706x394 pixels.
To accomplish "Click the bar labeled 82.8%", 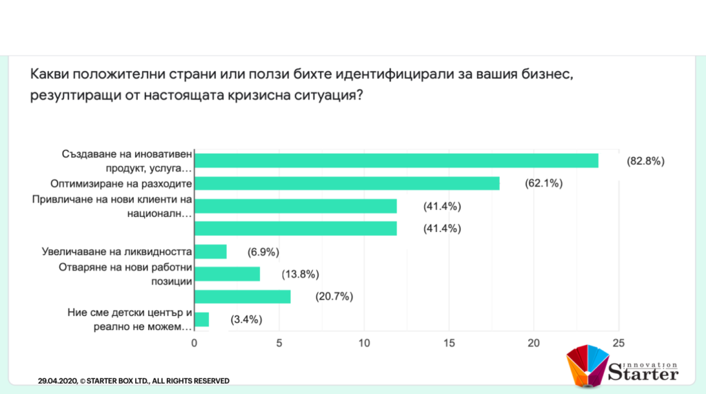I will coord(396,160).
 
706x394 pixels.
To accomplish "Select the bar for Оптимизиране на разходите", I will coord(347,183).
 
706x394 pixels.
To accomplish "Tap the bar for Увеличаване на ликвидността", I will coord(210,251).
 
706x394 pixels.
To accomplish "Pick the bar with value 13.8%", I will coord(228,274).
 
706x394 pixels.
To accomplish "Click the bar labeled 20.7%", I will coord(243,297).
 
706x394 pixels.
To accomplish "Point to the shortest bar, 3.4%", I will coord(201,320).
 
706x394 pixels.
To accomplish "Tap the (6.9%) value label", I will coord(265,251).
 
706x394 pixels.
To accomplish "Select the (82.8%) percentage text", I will coord(645,161).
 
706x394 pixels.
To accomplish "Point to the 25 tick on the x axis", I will coord(618,343).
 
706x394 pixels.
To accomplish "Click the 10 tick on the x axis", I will coord(364,343).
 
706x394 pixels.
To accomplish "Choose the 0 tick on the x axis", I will coord(194,343).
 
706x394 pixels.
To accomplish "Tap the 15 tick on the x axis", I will coord(449,343).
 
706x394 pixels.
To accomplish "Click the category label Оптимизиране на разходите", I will coord(121,184).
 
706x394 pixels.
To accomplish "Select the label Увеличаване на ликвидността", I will coord(116,251).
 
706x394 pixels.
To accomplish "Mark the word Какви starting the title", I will coord(50,74).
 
